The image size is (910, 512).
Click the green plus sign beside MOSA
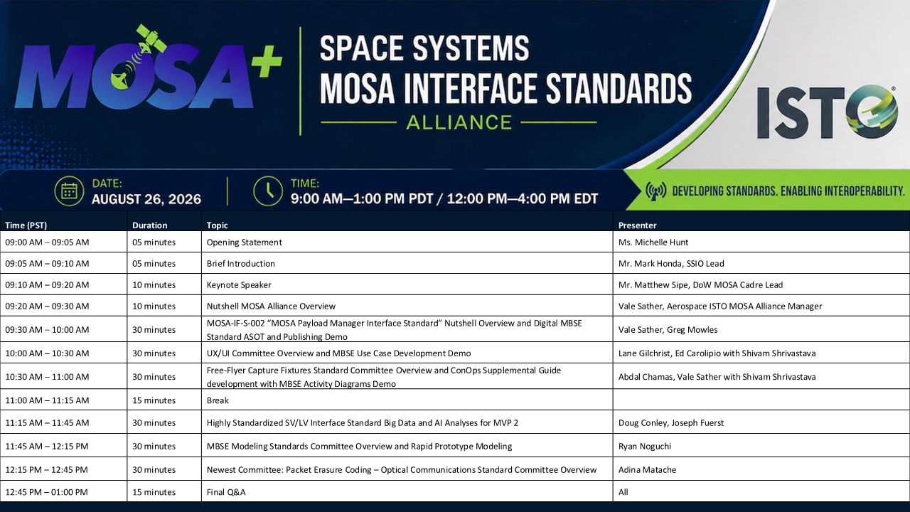coord(267,61)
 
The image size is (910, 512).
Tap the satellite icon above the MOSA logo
coord(149,39)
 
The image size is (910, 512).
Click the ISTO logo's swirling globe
coord(872,112)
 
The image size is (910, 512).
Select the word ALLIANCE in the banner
coord(459,123)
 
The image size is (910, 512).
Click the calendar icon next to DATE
coord(69,191)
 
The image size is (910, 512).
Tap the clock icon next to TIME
coord(268,191)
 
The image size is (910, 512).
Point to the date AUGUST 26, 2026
coord(146,199)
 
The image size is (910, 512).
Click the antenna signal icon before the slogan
coord(655,191)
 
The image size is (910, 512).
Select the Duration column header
coord(149,225)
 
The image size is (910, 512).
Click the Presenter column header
coord(637,225)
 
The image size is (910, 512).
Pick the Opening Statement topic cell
coord(244,242)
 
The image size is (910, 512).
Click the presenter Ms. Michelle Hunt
coord(653,242)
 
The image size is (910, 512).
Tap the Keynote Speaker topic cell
coord(239,285)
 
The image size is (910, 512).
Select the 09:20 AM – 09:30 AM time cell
coord(47,306)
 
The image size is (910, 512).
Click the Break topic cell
coord(218,400)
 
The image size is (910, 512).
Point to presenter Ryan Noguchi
coord(645,446)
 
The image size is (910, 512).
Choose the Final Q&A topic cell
coord(226,492)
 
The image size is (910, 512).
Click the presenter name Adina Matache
coord(647,470)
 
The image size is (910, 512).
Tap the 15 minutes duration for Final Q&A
coord(154,492)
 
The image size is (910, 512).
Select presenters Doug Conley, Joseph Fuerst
coord(671,422)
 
